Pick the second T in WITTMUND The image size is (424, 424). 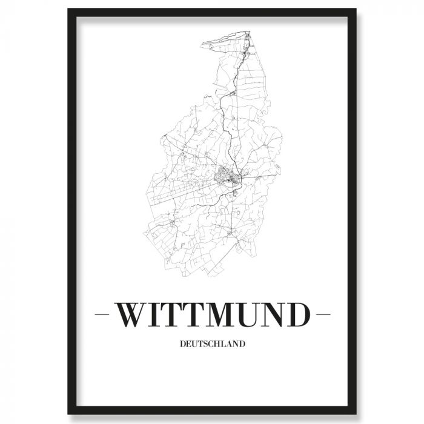click(x=199, y=314)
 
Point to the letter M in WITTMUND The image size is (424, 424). click(x=228, y=314)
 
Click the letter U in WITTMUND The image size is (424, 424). click(x=259, y=314)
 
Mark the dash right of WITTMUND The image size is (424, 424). click(x=323, y=315)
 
